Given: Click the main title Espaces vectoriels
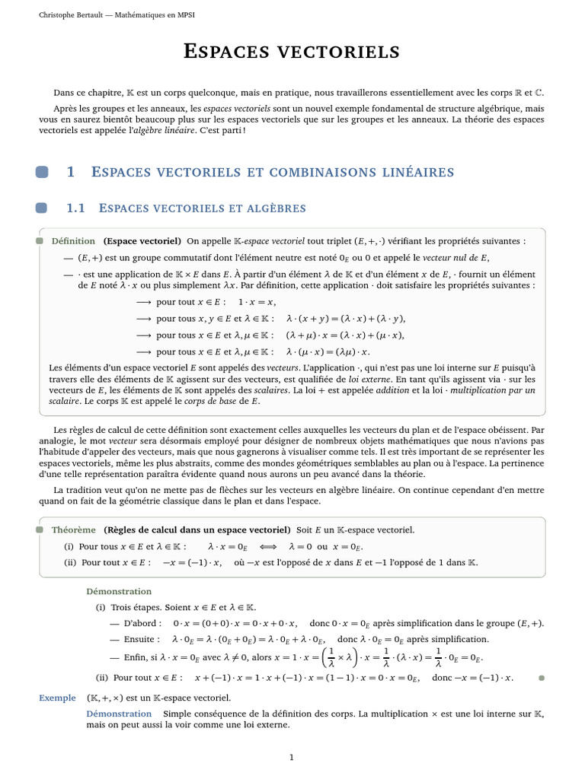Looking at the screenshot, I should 292,52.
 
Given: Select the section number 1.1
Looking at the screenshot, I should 77,208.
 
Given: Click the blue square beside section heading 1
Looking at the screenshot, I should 42,173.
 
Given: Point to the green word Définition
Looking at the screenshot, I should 73,241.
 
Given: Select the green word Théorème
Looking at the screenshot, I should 73,529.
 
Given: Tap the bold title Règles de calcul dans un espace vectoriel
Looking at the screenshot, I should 197,529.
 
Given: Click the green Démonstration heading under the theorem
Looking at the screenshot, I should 119,591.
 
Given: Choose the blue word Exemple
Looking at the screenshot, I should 57,698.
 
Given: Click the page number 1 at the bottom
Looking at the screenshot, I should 291,756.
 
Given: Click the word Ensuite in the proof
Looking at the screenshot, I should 140,640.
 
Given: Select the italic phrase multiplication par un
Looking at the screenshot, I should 494,389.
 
